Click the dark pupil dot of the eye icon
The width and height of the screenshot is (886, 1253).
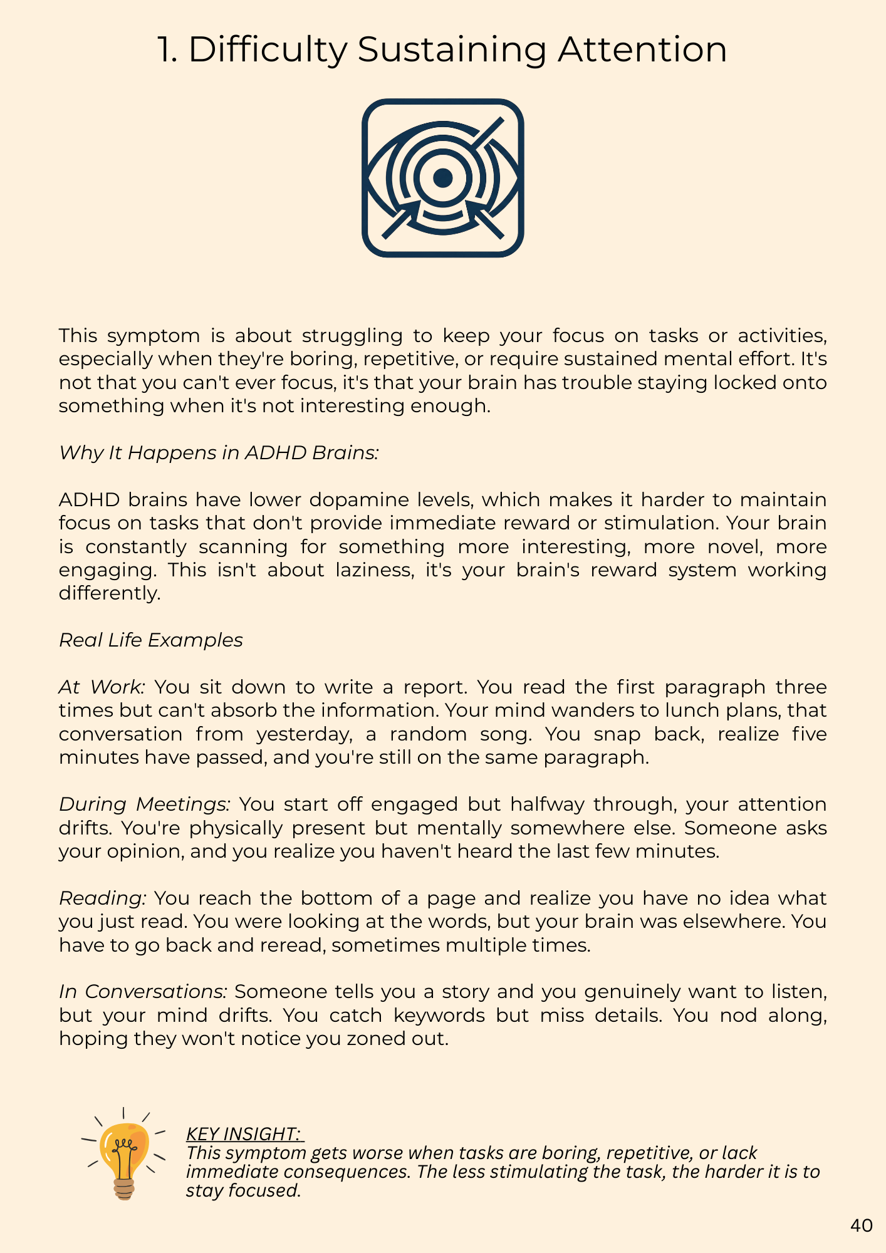click(x=443, y=177)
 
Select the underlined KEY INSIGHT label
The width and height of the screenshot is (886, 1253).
click(x=245, y=1134)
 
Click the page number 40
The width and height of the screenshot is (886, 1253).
click(x=862, y=1226)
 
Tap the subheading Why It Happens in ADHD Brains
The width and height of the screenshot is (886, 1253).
click(x=219, y=452)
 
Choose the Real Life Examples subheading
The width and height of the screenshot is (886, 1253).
click(x=150, y=640)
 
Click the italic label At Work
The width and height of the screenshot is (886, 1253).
click(x=102, y=687)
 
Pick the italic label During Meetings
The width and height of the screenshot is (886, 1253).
click(x=145, y=804)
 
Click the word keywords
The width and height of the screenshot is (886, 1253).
click(x=439, y=1016)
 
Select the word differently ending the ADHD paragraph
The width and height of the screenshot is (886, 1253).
click(x=110, y=593)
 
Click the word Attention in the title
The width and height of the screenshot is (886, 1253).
click(x=642, y=50)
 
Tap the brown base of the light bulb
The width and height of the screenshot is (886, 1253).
click(x=124, y=1189)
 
